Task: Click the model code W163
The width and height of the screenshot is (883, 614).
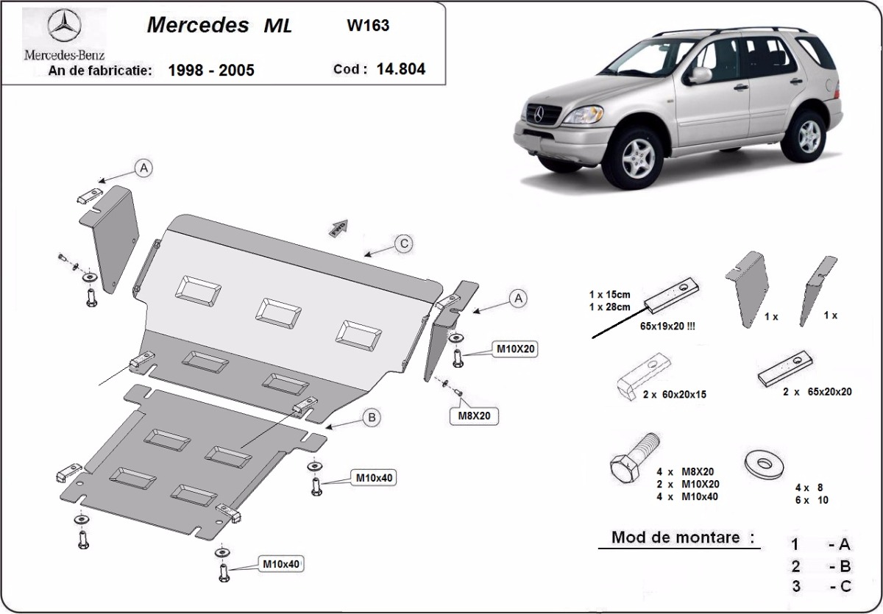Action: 368,25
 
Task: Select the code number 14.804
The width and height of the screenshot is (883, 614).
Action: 400,69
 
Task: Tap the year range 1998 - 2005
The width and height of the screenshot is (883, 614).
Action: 211,71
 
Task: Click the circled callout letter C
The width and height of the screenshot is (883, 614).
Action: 403,245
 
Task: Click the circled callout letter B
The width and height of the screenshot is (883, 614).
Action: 372,418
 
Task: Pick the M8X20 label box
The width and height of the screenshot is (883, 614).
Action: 475,416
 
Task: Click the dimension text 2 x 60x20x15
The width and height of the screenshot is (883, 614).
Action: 674,395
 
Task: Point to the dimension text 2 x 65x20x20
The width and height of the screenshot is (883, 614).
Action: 817,392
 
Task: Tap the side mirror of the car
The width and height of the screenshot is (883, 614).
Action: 701,75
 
